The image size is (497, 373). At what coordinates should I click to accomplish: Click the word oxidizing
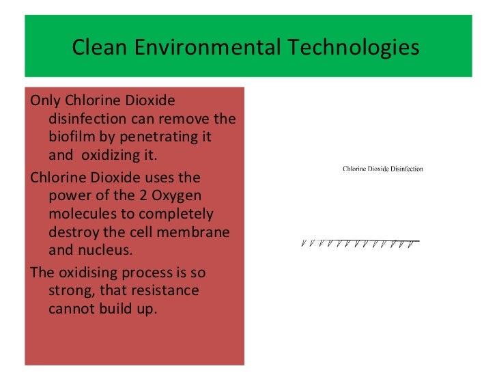tap(111, 155)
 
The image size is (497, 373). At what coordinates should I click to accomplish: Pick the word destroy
tap(74, 232)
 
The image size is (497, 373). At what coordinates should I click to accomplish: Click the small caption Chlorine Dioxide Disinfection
tap(383, 169)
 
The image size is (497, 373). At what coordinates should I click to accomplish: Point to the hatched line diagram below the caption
tap(359, 243)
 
